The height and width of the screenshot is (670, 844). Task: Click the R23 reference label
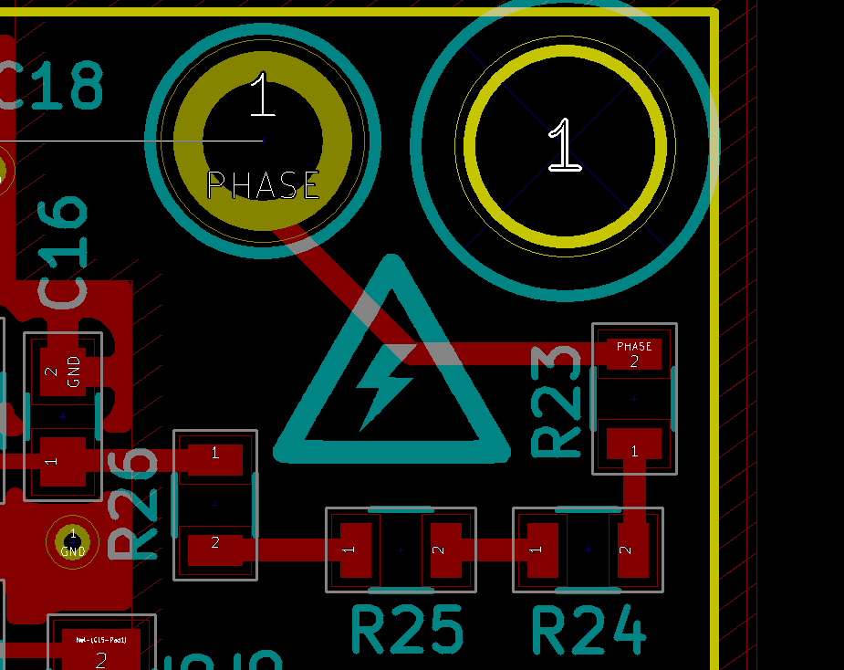(557, 401)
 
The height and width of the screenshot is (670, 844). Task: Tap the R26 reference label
(134, 503)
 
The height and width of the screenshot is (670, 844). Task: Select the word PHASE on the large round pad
(264, 186)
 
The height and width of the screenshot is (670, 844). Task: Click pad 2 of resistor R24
(632, 550)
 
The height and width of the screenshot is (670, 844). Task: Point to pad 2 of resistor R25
(445, 550)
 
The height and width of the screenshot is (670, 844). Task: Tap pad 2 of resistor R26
(215, 548)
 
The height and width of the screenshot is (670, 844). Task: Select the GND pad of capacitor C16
(63, 371)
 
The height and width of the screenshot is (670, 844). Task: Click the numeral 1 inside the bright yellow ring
(565, 145)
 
